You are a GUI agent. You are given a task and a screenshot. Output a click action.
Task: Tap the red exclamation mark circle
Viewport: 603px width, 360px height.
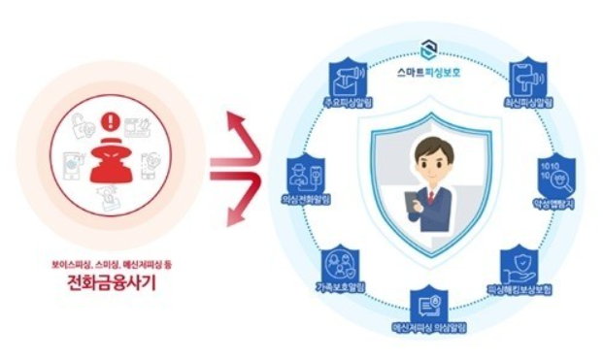point(109,124)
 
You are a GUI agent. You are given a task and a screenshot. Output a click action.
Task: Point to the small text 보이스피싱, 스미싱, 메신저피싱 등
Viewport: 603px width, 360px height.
point(109,263)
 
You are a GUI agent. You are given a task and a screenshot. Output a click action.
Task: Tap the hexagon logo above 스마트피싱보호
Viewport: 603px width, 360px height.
point(431,49)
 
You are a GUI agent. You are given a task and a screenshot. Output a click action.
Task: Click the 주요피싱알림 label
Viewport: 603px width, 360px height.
point(348,102)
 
